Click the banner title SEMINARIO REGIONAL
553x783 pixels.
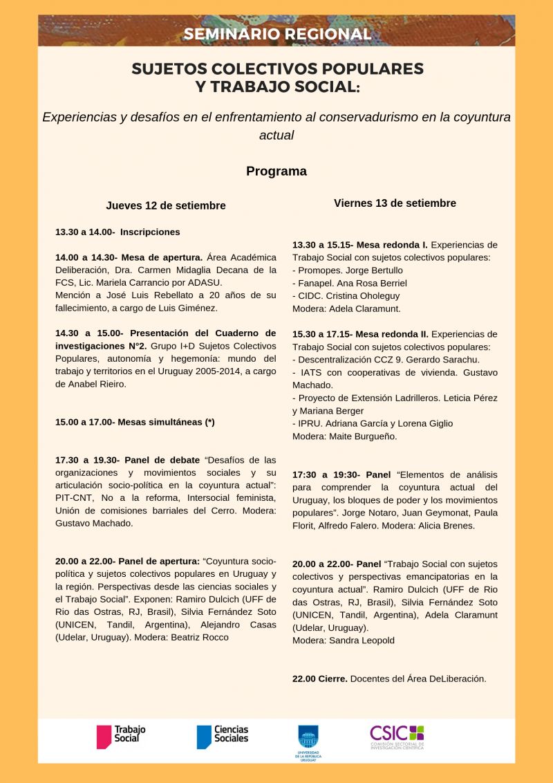(x=276, y=34)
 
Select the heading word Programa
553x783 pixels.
(x=276, y=171)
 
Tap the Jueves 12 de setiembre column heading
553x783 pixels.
(x=166, y=205)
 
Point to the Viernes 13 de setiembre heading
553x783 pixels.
(x=395, y=203)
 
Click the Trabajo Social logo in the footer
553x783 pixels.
(x=121, y=736)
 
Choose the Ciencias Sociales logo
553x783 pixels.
(x=223, y=736)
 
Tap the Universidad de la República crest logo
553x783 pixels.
(x=308, y=740)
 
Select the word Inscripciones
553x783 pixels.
(x=150, y=232)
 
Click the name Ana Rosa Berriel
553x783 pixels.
(x=372, y=283)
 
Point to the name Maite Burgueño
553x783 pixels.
(x=363, y=436)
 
